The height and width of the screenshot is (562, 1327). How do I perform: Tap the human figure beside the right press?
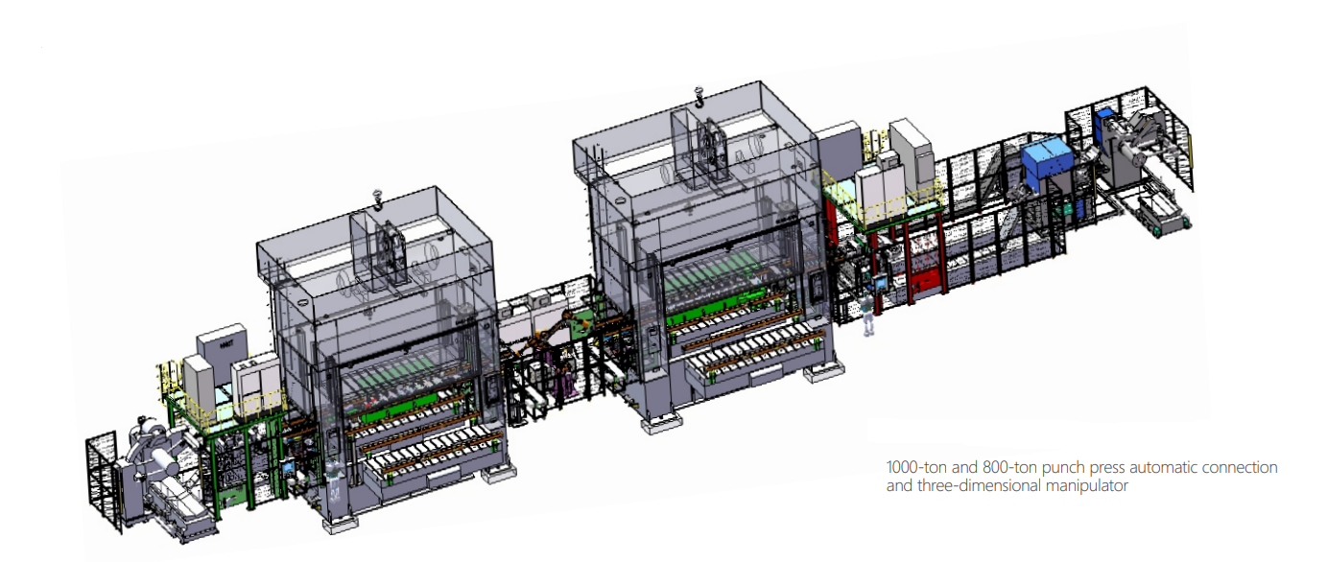[868, 312]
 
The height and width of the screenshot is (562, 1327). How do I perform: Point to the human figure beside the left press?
[334, 480]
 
